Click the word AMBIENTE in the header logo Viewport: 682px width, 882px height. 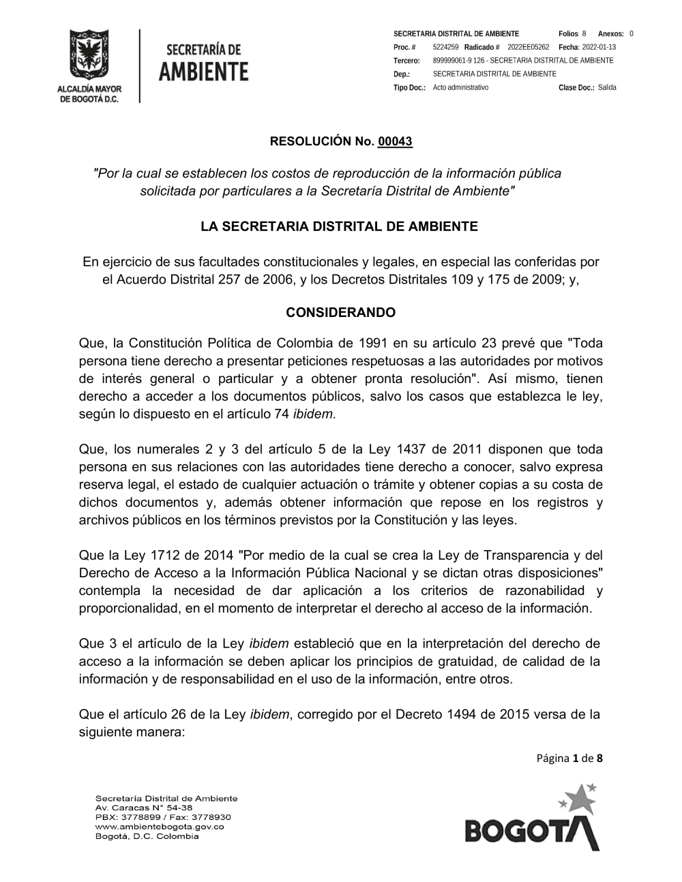click(203, 72)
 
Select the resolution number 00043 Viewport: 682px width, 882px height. click(395, 142)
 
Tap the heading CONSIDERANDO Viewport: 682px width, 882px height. click(340, 313)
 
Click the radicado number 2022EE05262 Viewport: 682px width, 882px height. click(528, 47)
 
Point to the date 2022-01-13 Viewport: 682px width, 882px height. click(599, 47)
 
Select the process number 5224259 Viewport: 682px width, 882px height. click(445, 47)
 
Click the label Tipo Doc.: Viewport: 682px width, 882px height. click(409, 88)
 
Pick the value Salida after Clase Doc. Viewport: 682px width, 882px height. click(607, 88)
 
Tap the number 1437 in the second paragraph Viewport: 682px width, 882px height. click(411, 449)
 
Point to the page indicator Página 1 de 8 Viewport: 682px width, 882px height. click(569, 758)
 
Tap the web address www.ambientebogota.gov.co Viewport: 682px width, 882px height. click(160, 827)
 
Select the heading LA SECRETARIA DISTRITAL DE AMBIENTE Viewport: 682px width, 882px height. click(339, 227)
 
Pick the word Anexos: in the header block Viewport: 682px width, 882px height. click(610, 34)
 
